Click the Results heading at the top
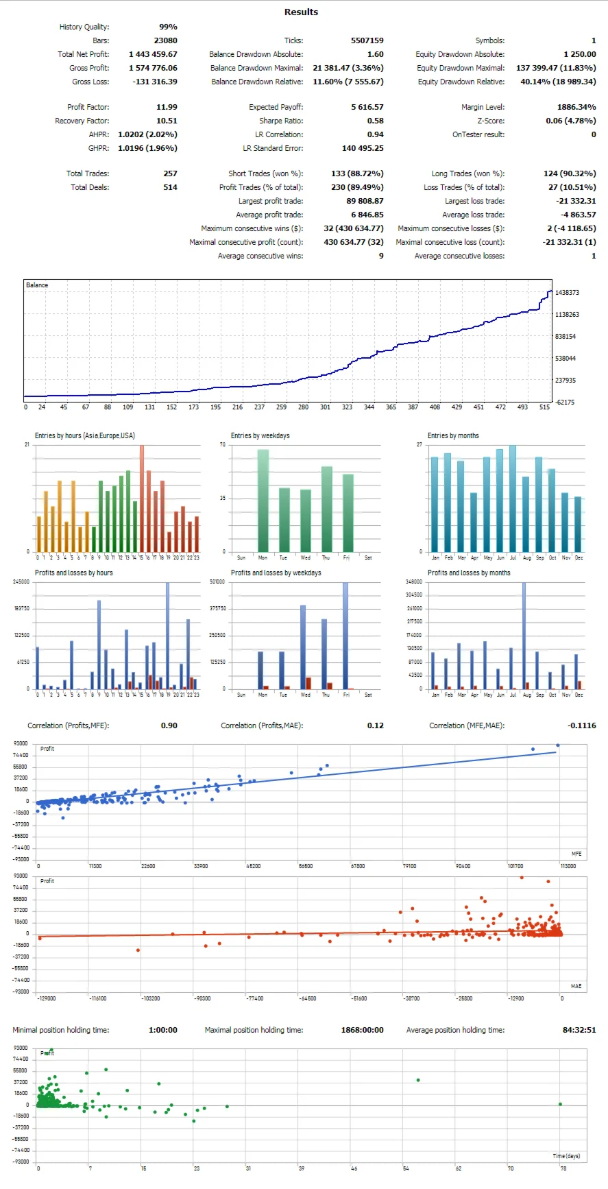[x=301, y=12]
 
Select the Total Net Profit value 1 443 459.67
[x=153, y=54]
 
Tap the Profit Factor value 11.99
[x=167, y=107]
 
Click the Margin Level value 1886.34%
[x=576, y=107]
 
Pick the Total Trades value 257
[x=170, y=173]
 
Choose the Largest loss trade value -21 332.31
[x=576, y=201]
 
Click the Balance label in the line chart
[x=37, y=285]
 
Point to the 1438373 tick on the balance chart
[x=567, y=293]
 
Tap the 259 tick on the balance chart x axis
[x=281, y=407]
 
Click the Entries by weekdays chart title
[x=260, y=436]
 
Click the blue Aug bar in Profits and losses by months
[x=524, y=635]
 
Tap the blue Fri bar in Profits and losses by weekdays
[x=345, y=635]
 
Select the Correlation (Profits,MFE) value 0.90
[x=169, y=725]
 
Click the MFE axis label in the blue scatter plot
[x=576, y=854]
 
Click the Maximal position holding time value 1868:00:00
[x=362, y=1030]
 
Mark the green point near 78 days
[x=560, y=1104]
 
